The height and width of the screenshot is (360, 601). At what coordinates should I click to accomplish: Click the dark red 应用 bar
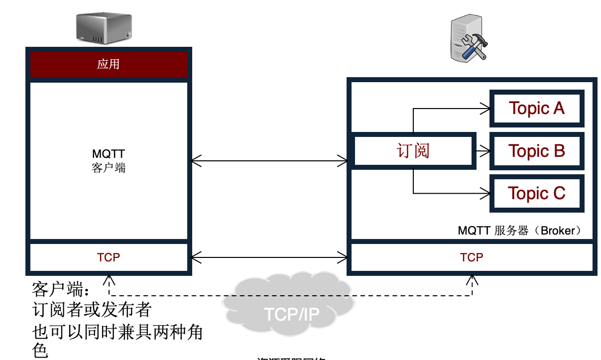(x=109, y=64)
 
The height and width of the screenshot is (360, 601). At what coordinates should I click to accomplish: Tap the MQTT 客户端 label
(x=109, y=161)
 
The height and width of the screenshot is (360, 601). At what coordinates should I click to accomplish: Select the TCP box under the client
(x=109, y=257)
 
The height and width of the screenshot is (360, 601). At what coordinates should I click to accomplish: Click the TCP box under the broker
(x=471, y=257)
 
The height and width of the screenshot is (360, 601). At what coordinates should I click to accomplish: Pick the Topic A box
(x=536, y=108)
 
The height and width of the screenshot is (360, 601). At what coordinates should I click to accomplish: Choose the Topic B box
(x=536, y=150)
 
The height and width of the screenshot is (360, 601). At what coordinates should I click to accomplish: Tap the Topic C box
(x=536, y=193)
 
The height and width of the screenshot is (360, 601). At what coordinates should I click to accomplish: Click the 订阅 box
(x=413, y=150)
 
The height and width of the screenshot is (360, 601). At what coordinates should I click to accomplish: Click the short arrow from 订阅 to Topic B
(x=481, y=150)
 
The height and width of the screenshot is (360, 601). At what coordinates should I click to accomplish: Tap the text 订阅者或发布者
(x=92, y=310)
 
